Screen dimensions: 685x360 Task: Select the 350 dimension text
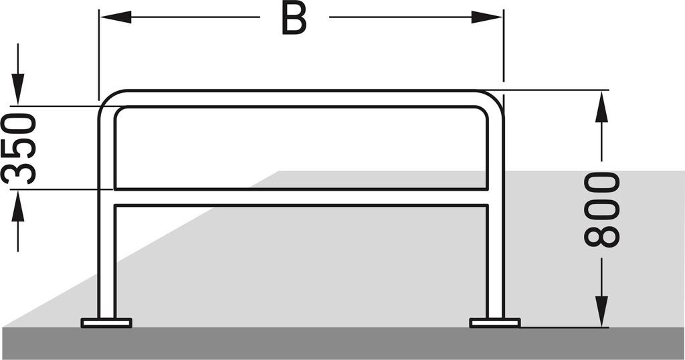(x=19, y=149)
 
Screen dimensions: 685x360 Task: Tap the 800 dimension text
(x=601, y=209)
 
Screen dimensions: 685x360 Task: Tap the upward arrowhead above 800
(x=602, y=107)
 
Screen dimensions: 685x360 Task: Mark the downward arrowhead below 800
(x=602, y=311)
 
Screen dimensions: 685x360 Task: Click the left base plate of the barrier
(x=106, y=323)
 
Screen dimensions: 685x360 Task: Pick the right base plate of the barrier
(x=495, y=323)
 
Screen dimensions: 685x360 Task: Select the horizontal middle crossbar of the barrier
(x=301, y=197)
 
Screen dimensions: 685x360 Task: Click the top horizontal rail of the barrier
(x=301, y=98)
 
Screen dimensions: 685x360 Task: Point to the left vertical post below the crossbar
(x=106, y=261)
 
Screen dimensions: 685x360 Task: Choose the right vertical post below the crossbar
(x=495, y=261)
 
